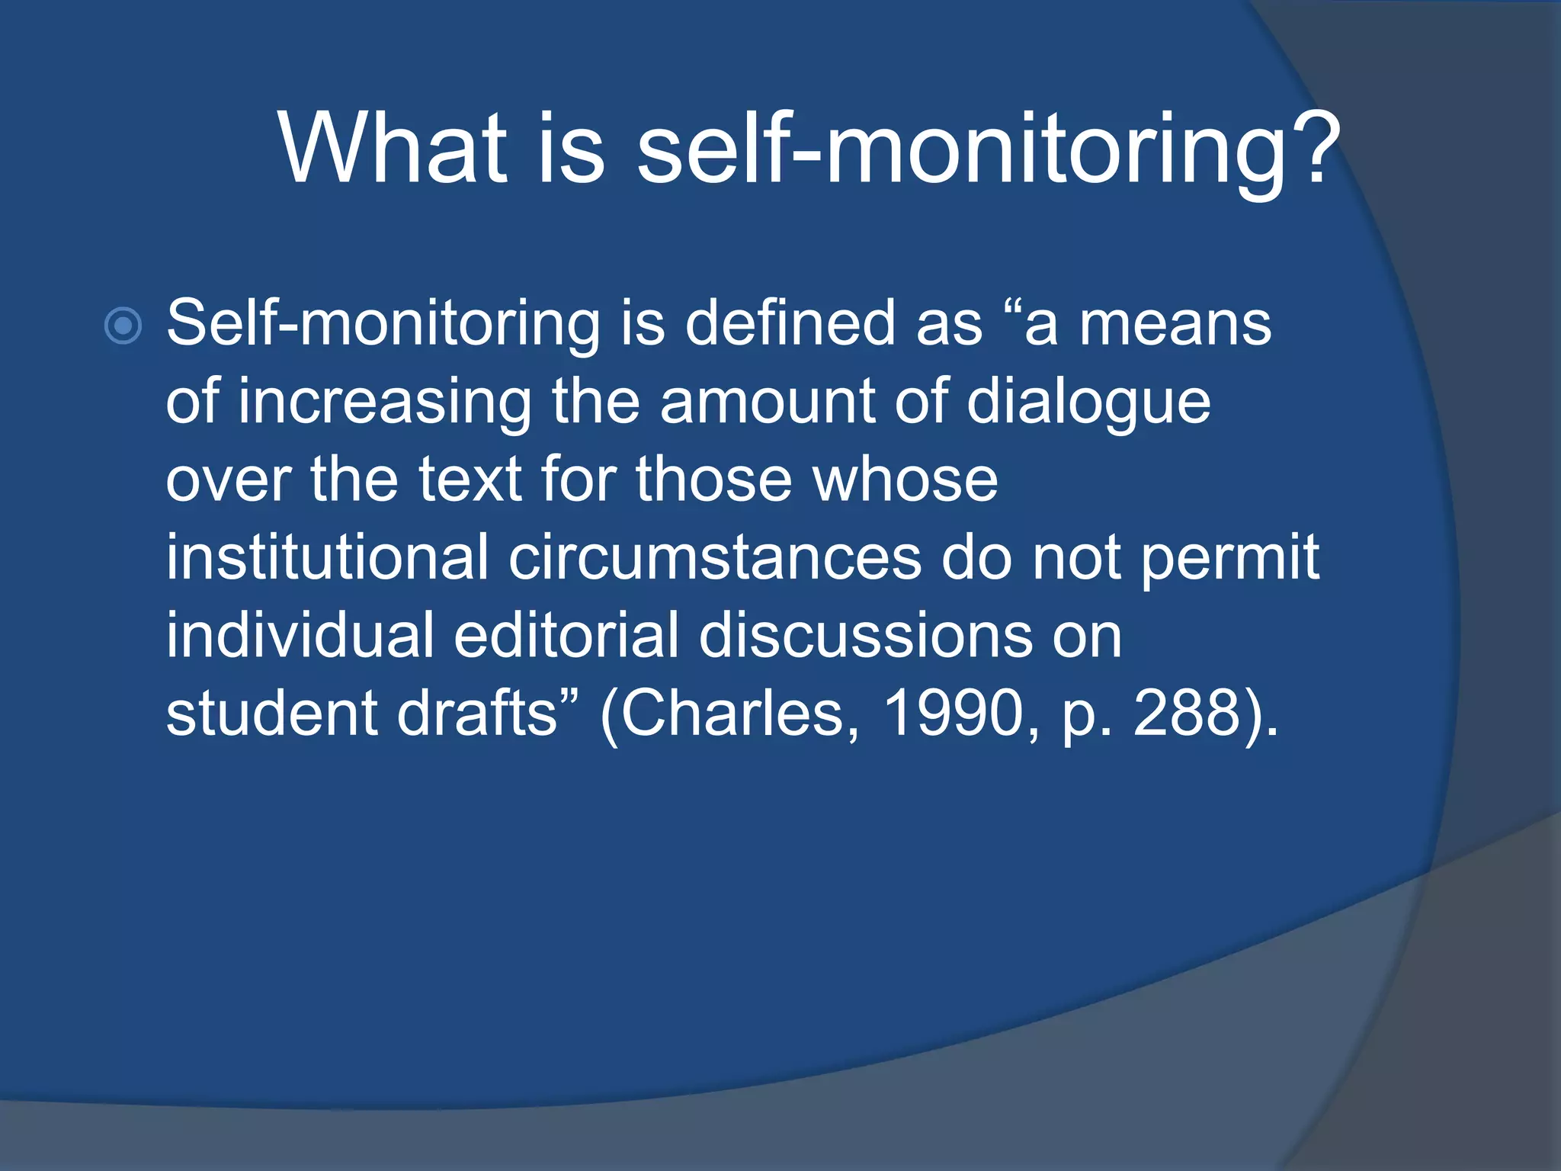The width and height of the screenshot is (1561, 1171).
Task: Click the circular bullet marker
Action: [x=123, y=326]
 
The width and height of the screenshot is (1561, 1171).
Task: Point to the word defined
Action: [x=790, y=323]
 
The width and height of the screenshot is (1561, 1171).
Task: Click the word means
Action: [x=1175, y=325]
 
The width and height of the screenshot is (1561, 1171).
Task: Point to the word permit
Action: [x=1230, y=559]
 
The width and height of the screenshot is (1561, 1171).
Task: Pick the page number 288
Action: [x=1189, y=713]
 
